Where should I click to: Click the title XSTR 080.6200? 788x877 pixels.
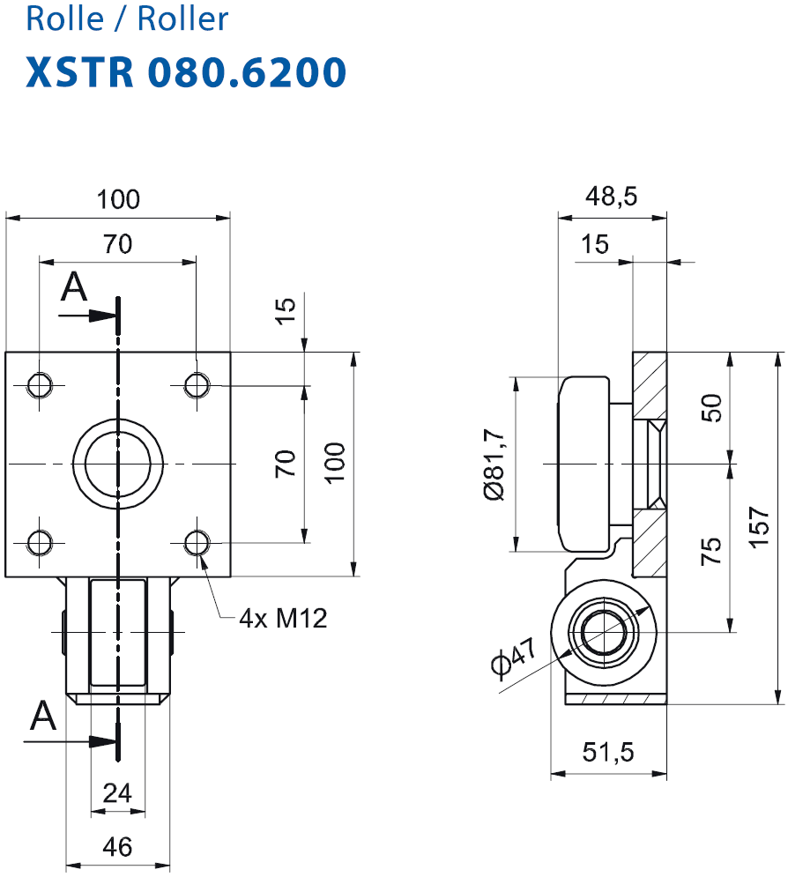click(x=186, y=72)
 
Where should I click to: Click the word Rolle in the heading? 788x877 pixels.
click(x=65, y=19)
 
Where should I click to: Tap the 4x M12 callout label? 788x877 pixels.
click(x=283, y=619)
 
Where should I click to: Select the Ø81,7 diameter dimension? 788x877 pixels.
click(x=494, y=465)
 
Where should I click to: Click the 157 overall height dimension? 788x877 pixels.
click(x=759, y=527)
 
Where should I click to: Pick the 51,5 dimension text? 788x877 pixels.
click(x=608, y=752)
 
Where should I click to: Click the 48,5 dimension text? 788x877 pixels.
click(x=612, y=197)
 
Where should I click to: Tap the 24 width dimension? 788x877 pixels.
click(x=117, y=793)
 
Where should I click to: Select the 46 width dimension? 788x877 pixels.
click(x=117, y=847)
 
